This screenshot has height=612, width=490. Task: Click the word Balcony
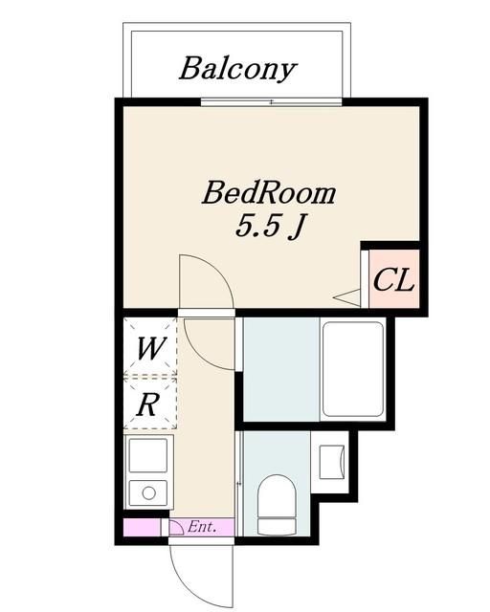pyautogui.click(x=236, y=69)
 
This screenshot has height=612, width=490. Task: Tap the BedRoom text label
pyautogui.click(x=269, y=193)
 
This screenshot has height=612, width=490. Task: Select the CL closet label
pyautogui.click(x=392, y=280)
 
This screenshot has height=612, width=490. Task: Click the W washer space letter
pyautogui.click(x=148, y=348)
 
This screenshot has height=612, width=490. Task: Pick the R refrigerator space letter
pyautogui.click(x=147, y=404)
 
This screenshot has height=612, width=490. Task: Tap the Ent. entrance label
pyautogui.click(x=201, y=527)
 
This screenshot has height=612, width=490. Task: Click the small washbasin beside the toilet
pyautogui.click(x=330, y=461)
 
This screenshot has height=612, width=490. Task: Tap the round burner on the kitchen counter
pyautogui.click(x=147, y=493)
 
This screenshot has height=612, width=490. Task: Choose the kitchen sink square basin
pyautogui.click(x=147, y=457)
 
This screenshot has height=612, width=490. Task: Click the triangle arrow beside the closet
pyautogui.click(x=346, y=297)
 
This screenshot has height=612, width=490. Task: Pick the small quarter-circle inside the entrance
pyautogui.click(x=176, y=525)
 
